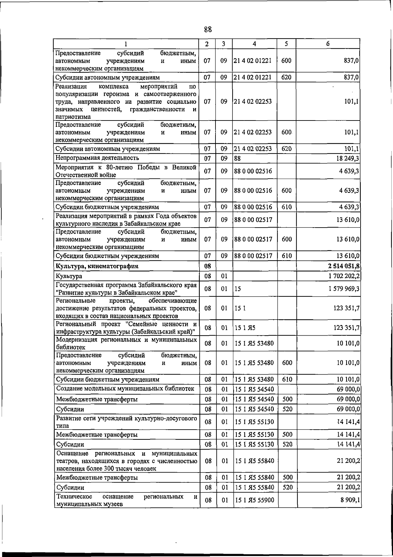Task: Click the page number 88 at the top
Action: coord(208,29)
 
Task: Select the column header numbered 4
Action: coord(254,44)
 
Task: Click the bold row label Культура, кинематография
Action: coord(97,266)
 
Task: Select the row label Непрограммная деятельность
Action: coord(97,158)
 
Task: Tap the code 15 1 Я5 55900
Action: coord(254,500)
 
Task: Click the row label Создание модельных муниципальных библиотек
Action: coord(125,389)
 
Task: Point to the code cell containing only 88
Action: coord(237,158)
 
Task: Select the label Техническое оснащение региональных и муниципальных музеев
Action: coord(127,500)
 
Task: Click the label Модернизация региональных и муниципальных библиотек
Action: coord(127,343)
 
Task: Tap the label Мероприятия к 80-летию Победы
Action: coord(126,171)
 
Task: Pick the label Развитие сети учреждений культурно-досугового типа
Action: coord(127,422)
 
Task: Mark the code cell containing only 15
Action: coord(238,289)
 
